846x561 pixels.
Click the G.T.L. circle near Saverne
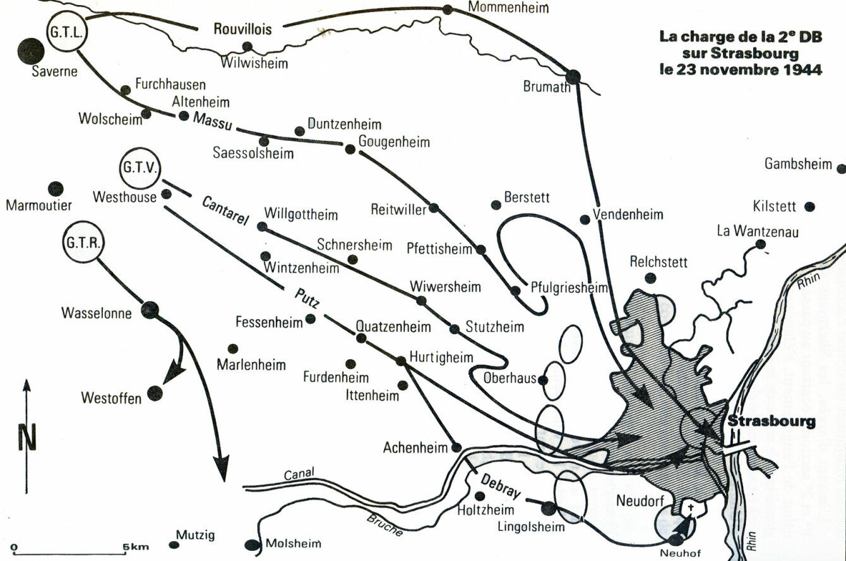pos(67,32)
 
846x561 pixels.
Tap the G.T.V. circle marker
pos(140,168)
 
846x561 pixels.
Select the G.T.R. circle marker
pos(83,242)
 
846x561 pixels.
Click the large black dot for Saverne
pos(31,51)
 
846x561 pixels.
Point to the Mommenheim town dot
pos(448,9)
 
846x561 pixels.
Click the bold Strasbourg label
pos(772,422)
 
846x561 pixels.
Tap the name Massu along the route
pos(212,121)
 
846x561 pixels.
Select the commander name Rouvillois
pos(242,29)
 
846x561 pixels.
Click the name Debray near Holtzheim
pos(501,486)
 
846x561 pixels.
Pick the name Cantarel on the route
pos(226,211)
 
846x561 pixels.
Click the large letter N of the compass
pos(27,437)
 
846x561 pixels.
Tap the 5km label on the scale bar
pos(135,547)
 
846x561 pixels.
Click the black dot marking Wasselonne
pos(150,310)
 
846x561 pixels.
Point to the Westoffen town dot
pos(155,394)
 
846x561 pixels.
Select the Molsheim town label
pos(294,543)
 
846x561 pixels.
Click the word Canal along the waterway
pos(299,474)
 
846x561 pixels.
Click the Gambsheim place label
pos(799,164)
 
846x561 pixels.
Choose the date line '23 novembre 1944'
pos(741,70)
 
